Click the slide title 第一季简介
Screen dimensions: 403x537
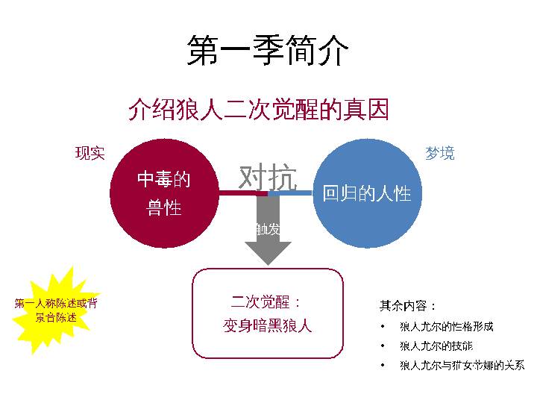(x=268, y=51)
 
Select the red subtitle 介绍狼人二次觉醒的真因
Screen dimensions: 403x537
(x=259, y=110)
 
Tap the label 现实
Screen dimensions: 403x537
(x=89, y=154)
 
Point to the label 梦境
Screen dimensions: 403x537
(x=439, y=154)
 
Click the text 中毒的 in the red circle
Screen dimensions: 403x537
(x=164, y=179)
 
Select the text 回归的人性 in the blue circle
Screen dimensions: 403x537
(x=366, y=194)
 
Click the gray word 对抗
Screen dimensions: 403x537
(x=268, y=177)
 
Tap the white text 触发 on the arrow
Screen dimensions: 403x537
(x=268, y=229)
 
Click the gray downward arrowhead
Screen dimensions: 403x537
(x=268, y=252)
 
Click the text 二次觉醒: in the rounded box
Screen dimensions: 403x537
(x=266, y=303)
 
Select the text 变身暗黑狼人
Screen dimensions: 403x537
(x=268, y=326)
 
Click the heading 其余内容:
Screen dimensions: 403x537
(x=408, y=306)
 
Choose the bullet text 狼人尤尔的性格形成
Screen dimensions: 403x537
(x=446, y=327)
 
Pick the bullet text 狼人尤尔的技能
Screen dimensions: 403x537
(x=436, y=346)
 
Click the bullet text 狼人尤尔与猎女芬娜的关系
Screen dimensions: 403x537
(x=462, y=366)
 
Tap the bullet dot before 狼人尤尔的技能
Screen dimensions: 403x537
(x=383, y=346)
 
